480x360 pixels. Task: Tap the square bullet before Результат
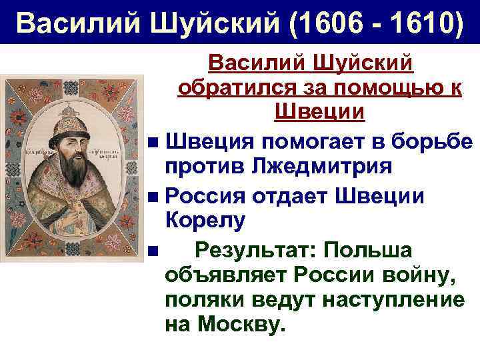(154, 251)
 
